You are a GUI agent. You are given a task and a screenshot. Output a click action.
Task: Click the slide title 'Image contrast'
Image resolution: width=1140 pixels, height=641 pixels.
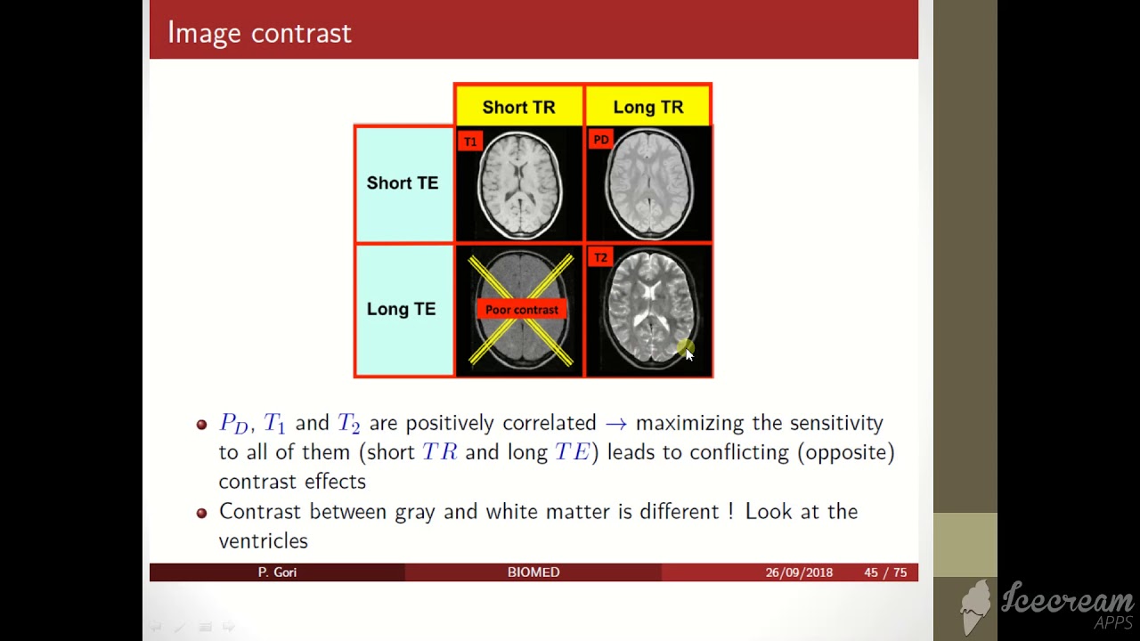[259, 33]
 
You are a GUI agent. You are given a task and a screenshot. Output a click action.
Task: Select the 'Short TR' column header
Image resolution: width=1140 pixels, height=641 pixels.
[518, 107]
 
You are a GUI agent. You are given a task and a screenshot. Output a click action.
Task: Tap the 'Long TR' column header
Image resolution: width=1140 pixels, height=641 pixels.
[647, 107]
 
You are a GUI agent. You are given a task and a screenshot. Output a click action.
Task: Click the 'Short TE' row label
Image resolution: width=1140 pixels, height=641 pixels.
[403, 183]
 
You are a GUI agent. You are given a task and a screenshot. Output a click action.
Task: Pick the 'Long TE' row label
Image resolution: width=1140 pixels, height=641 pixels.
[401, 309]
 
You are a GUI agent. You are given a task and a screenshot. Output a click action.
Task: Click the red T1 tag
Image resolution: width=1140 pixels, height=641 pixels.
[470, 142]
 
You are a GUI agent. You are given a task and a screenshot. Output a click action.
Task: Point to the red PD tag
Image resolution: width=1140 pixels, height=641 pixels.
[600, 140]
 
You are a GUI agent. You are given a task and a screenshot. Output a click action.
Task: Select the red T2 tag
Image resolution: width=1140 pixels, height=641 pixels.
[600, 257]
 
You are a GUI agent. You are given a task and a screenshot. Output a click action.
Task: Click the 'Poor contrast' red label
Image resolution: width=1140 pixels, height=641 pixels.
[522, 310]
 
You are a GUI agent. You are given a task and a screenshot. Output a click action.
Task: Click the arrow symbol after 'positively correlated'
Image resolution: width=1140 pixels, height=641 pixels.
[615, 423]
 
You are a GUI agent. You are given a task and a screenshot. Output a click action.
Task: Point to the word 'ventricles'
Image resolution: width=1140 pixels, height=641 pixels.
[263, 540]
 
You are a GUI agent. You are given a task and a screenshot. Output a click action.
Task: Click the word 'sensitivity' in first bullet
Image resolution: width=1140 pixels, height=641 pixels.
[836, 423]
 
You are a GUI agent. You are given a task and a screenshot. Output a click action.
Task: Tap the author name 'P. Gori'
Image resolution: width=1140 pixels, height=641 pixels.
[277, 572]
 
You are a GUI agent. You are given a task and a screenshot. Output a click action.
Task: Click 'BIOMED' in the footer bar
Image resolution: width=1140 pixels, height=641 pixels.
[533, 572]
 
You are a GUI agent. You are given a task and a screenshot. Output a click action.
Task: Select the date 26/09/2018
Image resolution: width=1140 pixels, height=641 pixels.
[799, 572]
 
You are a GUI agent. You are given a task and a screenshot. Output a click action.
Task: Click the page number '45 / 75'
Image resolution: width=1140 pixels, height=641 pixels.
[884, 572]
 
